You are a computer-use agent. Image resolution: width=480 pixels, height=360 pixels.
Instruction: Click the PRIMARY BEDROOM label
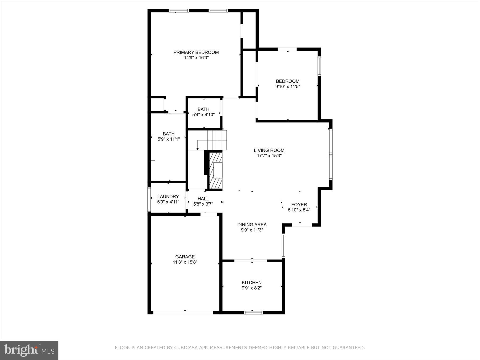[196, 52]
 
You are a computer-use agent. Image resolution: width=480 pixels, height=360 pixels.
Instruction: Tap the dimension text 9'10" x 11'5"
[287, 87]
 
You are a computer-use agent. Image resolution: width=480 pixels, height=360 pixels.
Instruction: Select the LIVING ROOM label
[269, 150]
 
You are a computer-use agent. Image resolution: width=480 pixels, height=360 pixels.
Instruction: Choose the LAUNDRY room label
[168, 197]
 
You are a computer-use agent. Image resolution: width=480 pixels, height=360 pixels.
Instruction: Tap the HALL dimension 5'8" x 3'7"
[203, 204]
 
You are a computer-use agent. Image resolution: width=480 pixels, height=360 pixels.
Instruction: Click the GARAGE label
[185, 257]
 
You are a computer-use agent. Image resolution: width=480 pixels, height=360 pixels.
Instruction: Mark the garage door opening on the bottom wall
[183, 312]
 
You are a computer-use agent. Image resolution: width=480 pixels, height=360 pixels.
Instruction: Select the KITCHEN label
[251, 283]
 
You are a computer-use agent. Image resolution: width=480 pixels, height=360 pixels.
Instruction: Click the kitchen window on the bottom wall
[253, 313]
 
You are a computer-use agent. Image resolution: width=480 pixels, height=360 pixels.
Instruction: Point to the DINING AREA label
[252, 225]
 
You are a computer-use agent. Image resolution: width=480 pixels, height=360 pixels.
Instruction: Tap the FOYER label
[299, 205]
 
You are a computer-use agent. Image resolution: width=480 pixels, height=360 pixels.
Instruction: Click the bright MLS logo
[29, 350]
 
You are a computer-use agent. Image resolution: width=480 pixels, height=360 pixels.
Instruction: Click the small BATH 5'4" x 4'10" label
[203, 109]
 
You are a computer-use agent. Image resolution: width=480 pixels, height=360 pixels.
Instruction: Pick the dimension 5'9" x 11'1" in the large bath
[169, 139]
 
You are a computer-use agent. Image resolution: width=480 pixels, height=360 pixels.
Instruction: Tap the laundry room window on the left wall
[149, 199]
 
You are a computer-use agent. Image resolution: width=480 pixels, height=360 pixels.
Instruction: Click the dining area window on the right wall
[283, 245]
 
